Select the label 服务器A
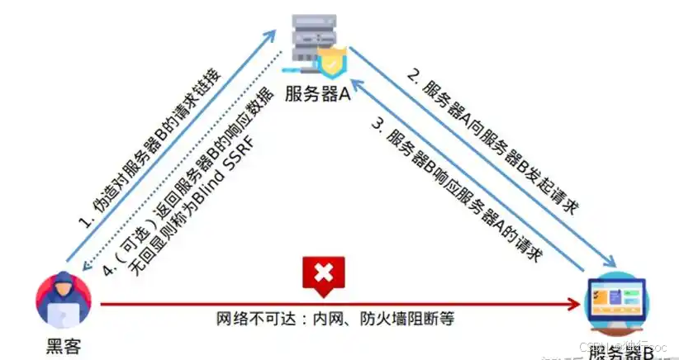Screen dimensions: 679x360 (x=318, y=94)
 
